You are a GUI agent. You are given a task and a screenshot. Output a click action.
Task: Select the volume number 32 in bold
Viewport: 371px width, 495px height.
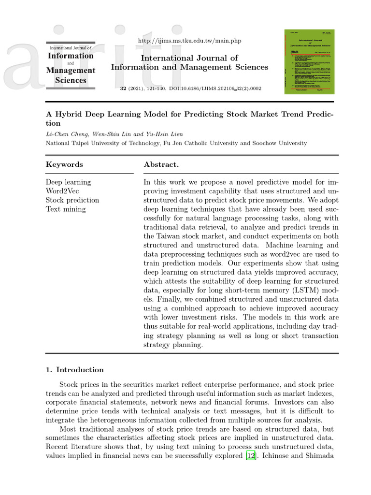point(123,89)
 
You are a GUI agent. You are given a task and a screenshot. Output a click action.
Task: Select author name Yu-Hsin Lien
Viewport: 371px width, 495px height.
point(165,134)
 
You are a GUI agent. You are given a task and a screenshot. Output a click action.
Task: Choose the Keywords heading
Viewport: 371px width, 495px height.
point(64,164)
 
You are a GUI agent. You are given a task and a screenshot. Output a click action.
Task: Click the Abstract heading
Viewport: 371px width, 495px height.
point(161,164)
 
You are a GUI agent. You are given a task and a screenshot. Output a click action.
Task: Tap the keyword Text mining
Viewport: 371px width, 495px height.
point(66,209)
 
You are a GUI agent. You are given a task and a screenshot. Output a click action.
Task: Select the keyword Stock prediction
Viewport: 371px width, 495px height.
point(72,200)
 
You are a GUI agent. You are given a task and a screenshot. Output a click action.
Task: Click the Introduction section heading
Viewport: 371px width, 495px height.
point(80,370)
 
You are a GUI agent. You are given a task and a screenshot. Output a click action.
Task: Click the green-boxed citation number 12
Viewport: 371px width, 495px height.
point(251,455)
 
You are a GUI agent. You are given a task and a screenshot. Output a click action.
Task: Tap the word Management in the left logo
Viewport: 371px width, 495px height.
point(71,71)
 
